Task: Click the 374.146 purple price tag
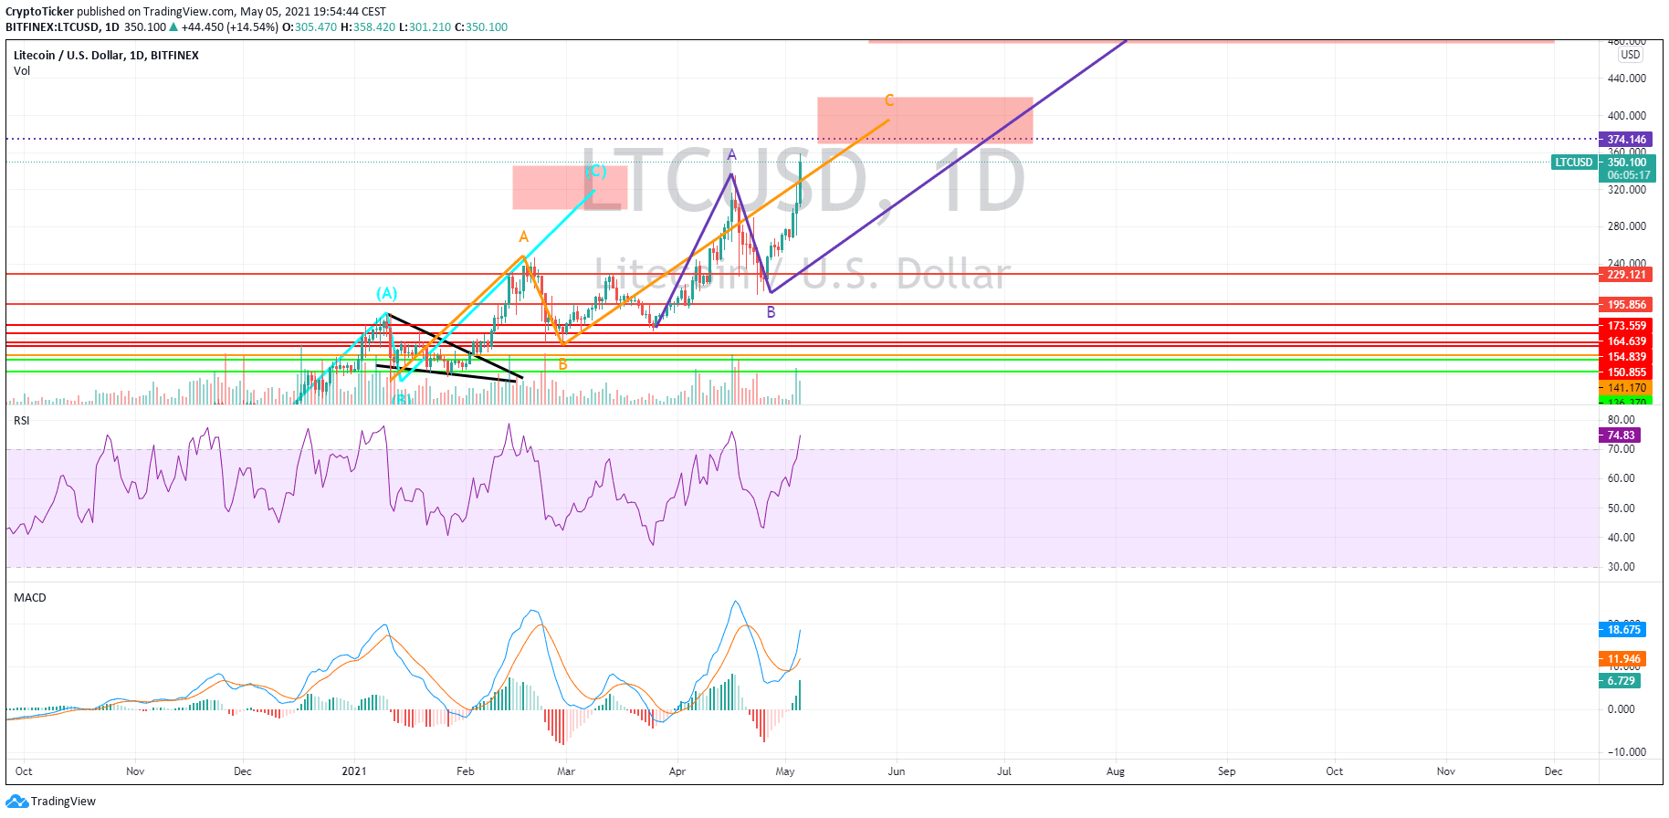[x=1626, y=140]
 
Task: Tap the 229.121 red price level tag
[x=1626, y=274]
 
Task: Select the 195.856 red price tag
[x=1626, y=305]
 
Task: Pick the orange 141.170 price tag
[x=1626, y=388]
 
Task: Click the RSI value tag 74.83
[x=1621, y=435]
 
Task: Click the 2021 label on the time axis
[x=354, y=771]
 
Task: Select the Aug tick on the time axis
[x=1115, y=771]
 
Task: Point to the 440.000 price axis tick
[x=1626, y=79]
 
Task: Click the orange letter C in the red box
[x=889, y=100]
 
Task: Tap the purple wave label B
[x=772, y=312]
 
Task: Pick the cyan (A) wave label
[x=387, y=293]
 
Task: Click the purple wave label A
[x=731, y=155]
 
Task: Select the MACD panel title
[x=30, y=598]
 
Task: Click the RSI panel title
[x=22, y=421]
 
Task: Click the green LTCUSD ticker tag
[x=1574, y=163]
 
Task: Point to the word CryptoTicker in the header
[x=39, y=12]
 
